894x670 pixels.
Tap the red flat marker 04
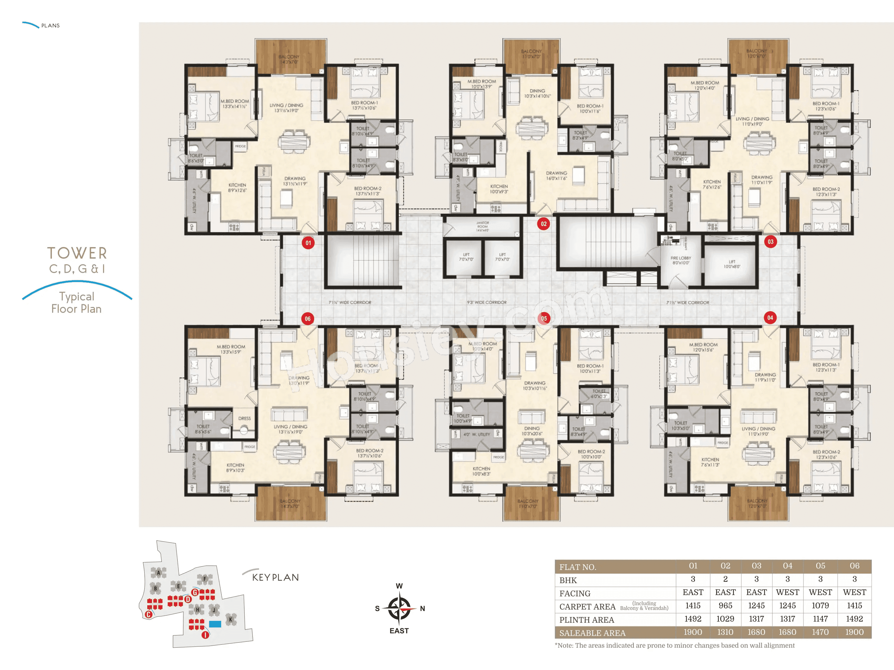tap(770, 317)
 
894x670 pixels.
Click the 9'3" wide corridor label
tap(487, 302)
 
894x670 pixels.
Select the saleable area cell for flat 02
tap(725, 632)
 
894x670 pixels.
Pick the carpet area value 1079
tap(820, 605)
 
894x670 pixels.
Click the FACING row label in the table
tap(575, 593)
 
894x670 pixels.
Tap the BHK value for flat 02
tap(725, 579)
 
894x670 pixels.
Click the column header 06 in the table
tap(854, 566)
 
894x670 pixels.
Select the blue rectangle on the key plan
tap(215, 624)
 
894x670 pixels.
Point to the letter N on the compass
tap(422, 608)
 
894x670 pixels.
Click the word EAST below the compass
tap(399, 630)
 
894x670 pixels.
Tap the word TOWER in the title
tap(77, 253)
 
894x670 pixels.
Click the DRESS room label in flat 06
tap(245, 418)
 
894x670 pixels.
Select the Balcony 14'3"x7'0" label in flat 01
tap(289, 59)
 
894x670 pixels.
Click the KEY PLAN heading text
tap(275, 577)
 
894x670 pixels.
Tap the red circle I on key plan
tap(205, 635)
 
